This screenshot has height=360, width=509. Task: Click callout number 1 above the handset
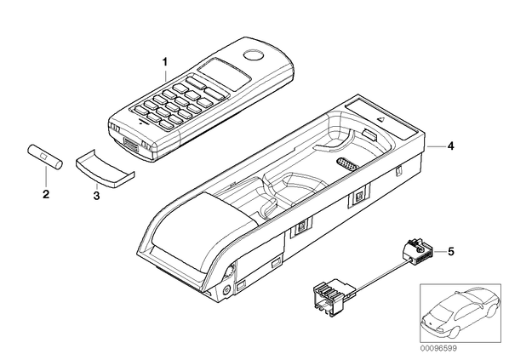[x=165, y=61]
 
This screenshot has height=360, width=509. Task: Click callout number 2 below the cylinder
[x=46, y=194]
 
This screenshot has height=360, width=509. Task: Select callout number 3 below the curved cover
[x=96, y=196]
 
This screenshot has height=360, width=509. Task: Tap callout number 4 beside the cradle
[x=450, y=146]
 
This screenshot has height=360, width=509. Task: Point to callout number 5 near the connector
[x=451, y=251]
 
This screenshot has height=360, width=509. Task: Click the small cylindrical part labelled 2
[x=44, y=157]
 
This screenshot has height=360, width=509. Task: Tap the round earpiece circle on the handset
[x=254, y=55]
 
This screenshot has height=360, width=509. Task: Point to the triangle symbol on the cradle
[x=380, y=119]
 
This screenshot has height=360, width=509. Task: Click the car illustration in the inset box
[x=460, y=312]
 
